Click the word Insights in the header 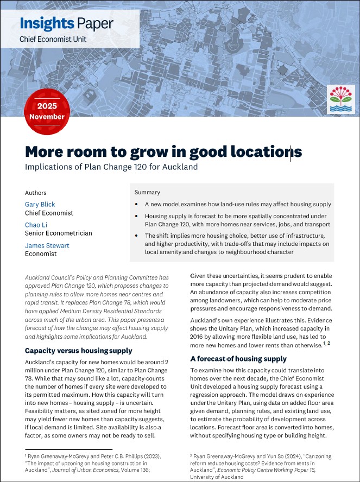(x=46, y=23)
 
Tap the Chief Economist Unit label (x=53, y=39)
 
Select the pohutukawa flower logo (x=341, y=100)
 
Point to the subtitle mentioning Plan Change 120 (x=111, y=167)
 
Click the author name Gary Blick (x=40, y=204)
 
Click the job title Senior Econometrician (x=59, y=233)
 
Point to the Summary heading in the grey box (x=147, y=192)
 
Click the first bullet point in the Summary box (x=237, y=205)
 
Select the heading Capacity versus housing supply (x=78, y=351)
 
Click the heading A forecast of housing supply (x=238, y=359)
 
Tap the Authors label (x=36, y=193)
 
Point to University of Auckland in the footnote (x=218, y=477)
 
